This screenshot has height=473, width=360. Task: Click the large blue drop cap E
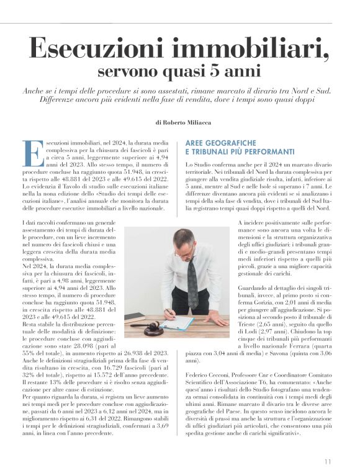32,152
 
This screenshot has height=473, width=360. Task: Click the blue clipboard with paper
176,323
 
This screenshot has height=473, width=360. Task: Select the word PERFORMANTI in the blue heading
264,151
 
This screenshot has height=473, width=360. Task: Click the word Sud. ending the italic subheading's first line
330,91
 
